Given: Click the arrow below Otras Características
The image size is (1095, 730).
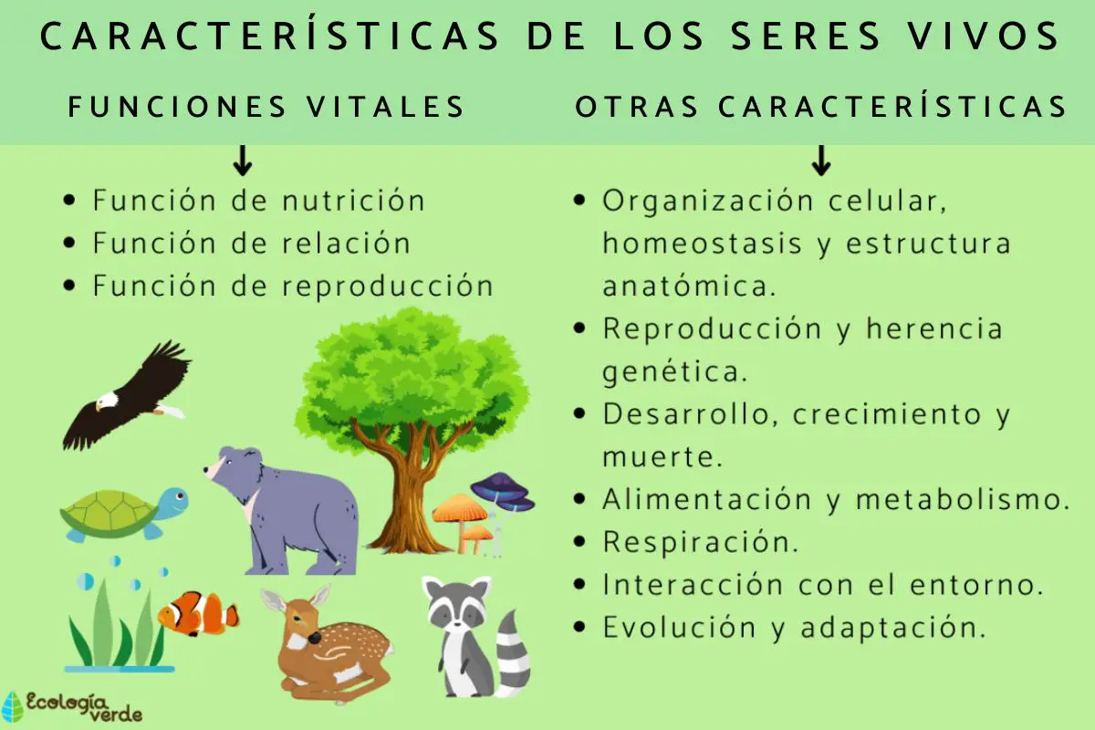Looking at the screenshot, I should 821,162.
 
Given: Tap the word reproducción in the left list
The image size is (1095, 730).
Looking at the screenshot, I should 387,286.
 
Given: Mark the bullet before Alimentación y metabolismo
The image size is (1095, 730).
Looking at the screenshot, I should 579,499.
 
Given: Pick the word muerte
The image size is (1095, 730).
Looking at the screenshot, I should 662,456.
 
